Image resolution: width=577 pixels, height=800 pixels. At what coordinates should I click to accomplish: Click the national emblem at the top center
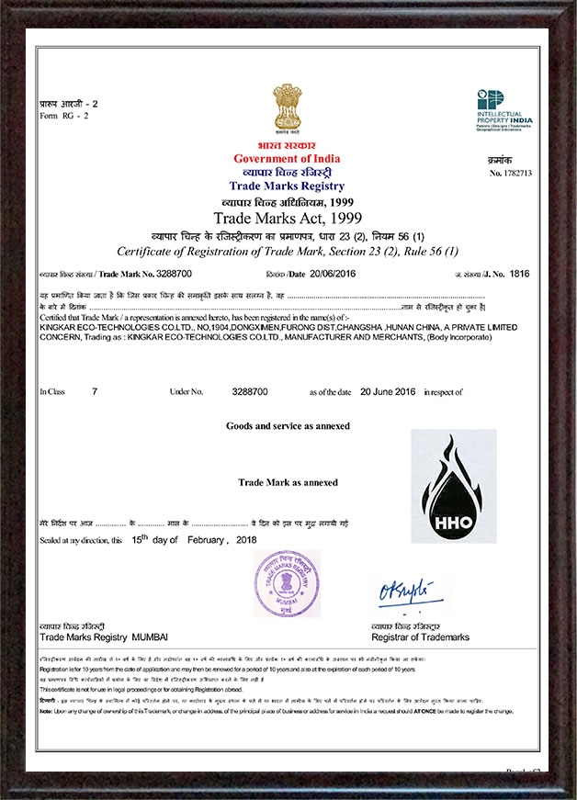(287, 110)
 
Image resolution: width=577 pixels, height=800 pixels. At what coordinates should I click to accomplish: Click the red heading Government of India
(286, 159)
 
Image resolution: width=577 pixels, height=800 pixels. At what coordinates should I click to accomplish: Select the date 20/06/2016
(331, 274)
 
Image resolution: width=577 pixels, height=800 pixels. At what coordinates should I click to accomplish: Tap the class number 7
(95, 391)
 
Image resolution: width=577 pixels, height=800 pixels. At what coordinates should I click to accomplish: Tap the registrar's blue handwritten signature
(408, 592)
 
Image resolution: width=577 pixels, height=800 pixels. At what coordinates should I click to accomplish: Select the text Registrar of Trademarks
(420, 637)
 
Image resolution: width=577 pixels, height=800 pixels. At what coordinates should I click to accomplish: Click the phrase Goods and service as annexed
(288, 426)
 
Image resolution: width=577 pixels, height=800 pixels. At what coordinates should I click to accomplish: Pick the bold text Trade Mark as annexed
(288, 482)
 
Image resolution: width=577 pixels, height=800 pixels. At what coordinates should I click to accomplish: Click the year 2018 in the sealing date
(246, 540)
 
